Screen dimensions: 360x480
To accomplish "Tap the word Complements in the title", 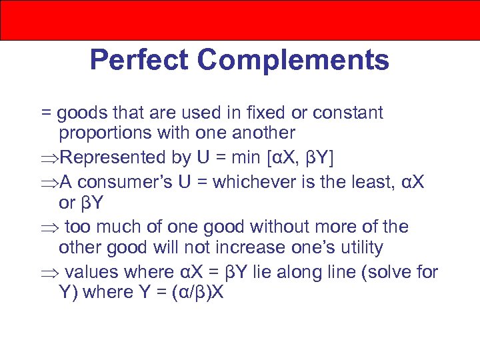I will click(x=293, y=61).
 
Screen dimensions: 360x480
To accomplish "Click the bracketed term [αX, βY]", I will click(x=301, y=158).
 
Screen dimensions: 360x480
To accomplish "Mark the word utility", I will click(x=360, y=248).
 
